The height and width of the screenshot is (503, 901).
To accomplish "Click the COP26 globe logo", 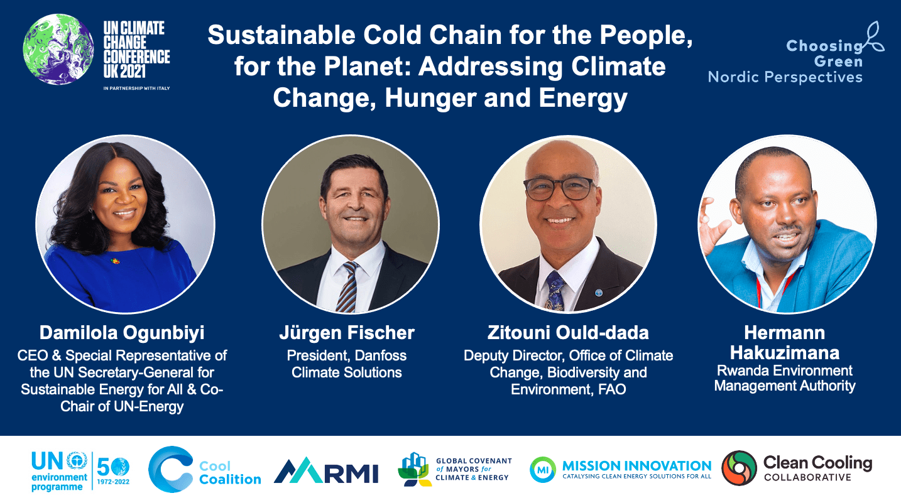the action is [x=58, y=50].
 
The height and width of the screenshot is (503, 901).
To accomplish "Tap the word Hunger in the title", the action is [x=430, y=98].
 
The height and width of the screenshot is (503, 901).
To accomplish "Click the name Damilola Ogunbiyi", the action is [x=122, y=333].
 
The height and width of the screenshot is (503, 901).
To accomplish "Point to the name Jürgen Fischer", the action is [x=347, y=333].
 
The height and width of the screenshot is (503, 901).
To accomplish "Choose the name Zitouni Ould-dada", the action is [x=568, y=333].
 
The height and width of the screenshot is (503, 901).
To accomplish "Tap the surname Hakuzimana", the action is [x=785, y=353].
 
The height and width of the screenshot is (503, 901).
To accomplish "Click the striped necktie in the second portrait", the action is [x=347, y=286].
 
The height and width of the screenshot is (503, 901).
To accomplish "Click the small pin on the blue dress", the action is [x=116, y=261].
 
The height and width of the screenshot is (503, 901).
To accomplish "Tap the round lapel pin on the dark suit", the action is [x=599, y=292].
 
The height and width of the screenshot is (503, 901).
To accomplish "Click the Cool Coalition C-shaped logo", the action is [x=170, y=469].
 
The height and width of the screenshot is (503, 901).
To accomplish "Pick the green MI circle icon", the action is [x=543, y=470].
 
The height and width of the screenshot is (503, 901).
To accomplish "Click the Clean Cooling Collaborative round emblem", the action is [x=740, y=468].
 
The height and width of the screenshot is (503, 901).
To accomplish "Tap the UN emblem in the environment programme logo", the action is [x=77, y=460].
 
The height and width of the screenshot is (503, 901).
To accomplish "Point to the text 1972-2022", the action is [x=113, y=482].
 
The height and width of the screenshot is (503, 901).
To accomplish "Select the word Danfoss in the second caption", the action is [x=381, y=355].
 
